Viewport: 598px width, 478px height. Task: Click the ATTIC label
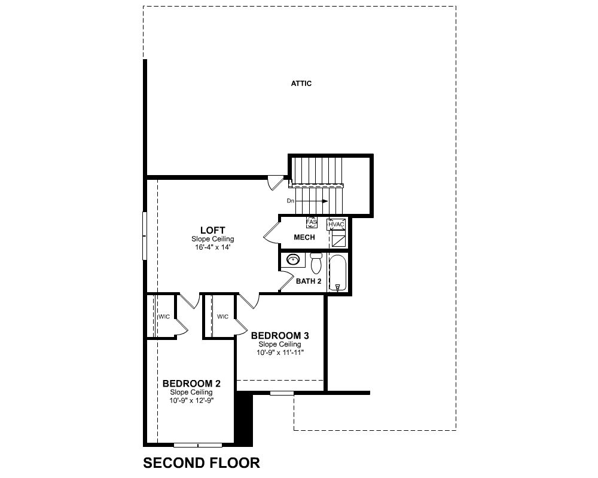pyautogui.click(x=301, y=84)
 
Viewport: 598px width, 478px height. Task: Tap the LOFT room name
pyautogui.click(x=212, y=230)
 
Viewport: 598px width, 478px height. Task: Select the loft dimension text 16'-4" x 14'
pyautogui.click(x=212, y=247)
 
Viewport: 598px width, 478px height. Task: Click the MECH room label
pyautogui.click(x=304, y=237)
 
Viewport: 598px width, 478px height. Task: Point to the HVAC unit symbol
pyautogui.click(x=336, y=225)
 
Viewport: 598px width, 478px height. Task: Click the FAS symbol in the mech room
pyautogui.click(x=312, y=222)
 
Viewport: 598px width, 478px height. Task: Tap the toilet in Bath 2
pyautogui.click(x=316, y=263)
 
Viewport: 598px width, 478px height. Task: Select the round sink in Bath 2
pyautogui.click(x=293, y=260)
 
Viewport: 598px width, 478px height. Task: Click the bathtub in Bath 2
pyautogui.click(x=337, y=273)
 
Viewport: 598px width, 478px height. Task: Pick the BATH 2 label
pyautogui.click(x=309, y=281)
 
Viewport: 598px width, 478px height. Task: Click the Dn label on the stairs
pyautogui.click(x=291, y=201)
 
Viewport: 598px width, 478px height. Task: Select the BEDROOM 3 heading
pyautogui.click(x=280, y=336)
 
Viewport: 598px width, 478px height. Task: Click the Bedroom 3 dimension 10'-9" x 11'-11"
pyautogui.click(x=280, y=353)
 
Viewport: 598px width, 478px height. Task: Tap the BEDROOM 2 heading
pyautogui.click(x=191, y=384)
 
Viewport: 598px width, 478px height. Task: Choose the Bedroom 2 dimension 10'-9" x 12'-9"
pyautogui.click(x=191, y=400)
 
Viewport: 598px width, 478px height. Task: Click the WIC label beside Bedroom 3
pyautogui.click(x=222, y=317)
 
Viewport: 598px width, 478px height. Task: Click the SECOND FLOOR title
pyautogui.click(x=202, y=462)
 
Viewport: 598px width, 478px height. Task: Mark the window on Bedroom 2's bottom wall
pyautogui.click(x=198, y=445)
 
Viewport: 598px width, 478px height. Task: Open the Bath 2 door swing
pyautogui.click(x=287, y=281)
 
